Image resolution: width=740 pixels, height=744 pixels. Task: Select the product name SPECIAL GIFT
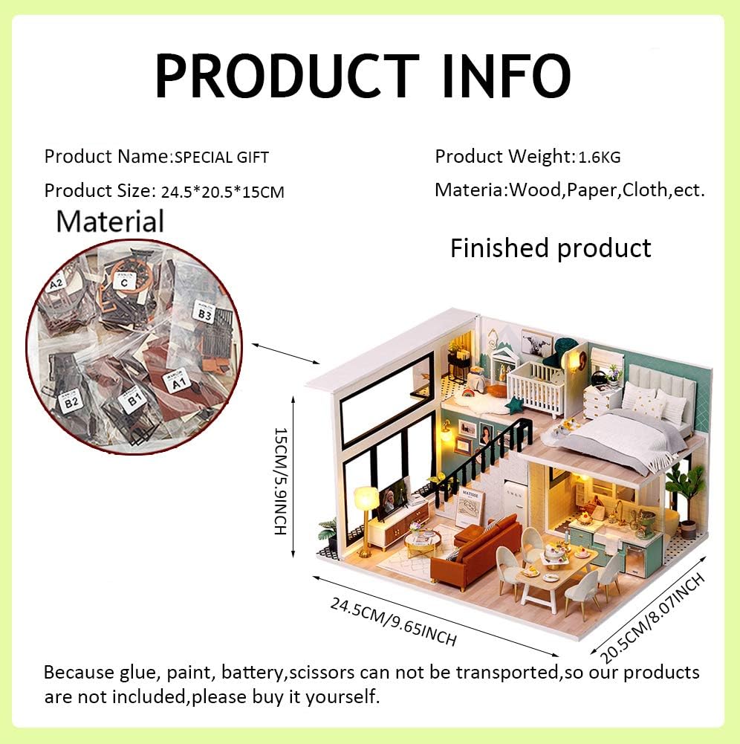221,158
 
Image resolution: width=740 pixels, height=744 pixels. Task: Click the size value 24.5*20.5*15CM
223,192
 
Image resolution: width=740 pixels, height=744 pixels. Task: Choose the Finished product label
551,248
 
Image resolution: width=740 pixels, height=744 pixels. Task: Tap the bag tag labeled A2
56,285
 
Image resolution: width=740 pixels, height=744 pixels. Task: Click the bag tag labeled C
124,282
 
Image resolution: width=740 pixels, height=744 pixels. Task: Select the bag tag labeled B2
71,402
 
